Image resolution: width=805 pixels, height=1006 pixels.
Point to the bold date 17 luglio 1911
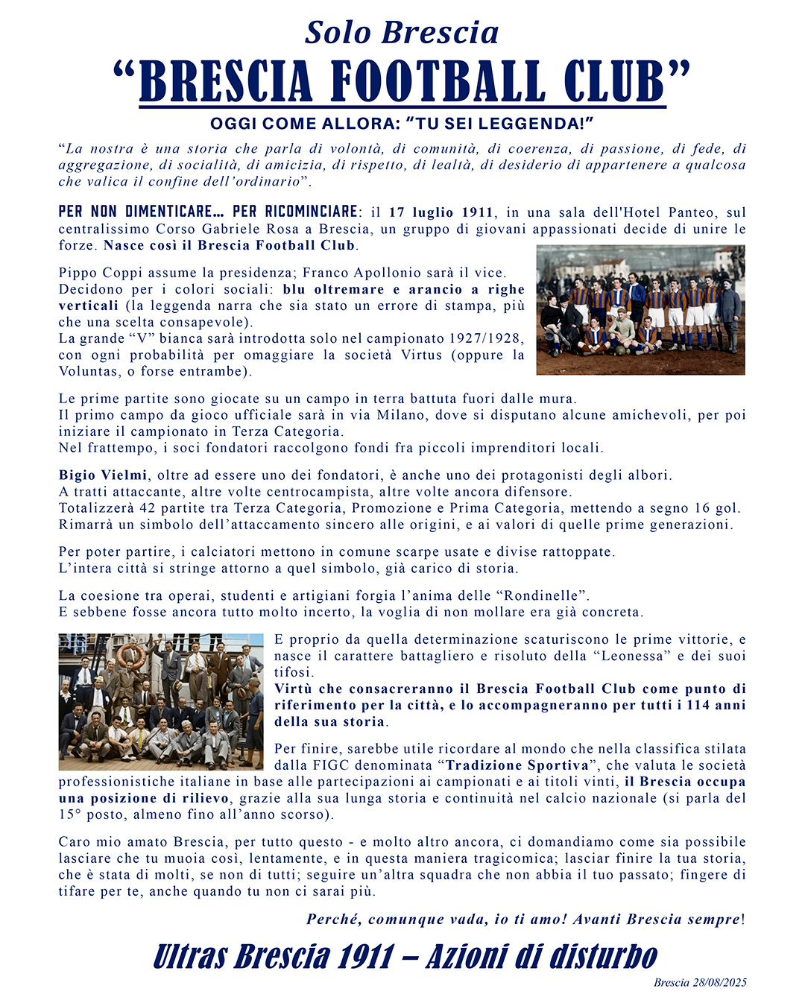441,212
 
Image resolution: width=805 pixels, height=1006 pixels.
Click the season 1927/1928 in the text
486,338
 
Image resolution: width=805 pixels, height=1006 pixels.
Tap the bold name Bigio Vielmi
103,475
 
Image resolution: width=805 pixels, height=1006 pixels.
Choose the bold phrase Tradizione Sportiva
517,765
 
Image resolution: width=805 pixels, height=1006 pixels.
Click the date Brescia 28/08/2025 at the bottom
700,982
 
